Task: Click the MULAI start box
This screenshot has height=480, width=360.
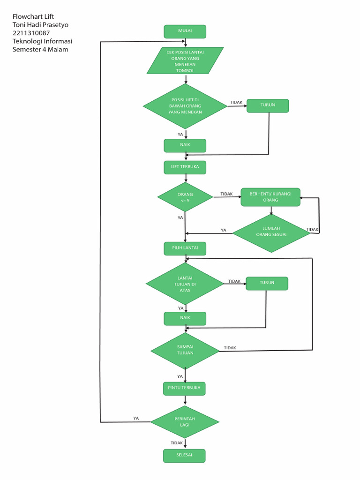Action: [x=185, y=31]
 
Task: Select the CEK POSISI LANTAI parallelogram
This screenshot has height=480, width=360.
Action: [x=185, y=60]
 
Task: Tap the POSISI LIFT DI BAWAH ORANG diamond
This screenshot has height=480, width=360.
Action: [x=185, y=106]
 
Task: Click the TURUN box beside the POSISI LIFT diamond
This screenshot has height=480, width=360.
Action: [x=268, y=105]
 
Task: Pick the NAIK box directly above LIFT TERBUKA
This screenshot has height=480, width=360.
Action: [x=185, y=145]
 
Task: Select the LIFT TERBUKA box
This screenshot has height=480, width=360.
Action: [x=185, y=167]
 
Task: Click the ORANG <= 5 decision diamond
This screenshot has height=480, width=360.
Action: [x=185, y=197]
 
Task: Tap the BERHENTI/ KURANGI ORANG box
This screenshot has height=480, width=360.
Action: [x=270, y=197]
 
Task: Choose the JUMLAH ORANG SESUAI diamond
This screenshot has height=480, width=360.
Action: [x=271, y=232]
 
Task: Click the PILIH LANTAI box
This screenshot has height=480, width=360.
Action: [x=185, y=248]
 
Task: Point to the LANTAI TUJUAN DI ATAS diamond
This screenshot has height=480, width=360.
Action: [x=185, y=284]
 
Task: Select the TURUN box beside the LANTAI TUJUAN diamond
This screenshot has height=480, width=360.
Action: [x=267, y=283]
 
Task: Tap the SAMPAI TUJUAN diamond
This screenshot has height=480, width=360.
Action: [x=185, y=350]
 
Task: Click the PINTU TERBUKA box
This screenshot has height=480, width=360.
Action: [x=184, y=388]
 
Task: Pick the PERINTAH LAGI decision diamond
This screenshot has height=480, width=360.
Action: [x=185, y=422]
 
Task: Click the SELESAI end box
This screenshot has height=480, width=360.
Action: [x=184, y=456]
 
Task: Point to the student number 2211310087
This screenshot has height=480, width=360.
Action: [x=31, y=33]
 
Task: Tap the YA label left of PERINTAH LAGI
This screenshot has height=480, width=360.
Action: [x=136, y=418]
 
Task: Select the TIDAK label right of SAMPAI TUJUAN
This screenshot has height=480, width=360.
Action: [x=230, y=348]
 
